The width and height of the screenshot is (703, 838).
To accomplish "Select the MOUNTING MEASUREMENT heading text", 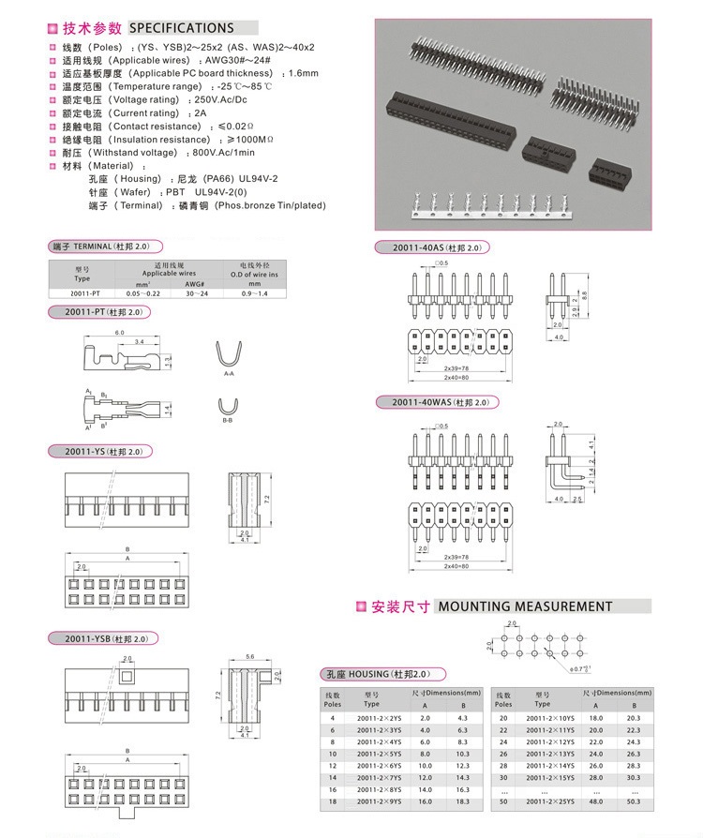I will tap(524, 606).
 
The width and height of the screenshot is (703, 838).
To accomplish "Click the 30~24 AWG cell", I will tap(195, 293).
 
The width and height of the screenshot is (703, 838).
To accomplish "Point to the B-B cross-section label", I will tap(228, 421).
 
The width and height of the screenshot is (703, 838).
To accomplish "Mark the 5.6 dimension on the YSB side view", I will tap(249, 657).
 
